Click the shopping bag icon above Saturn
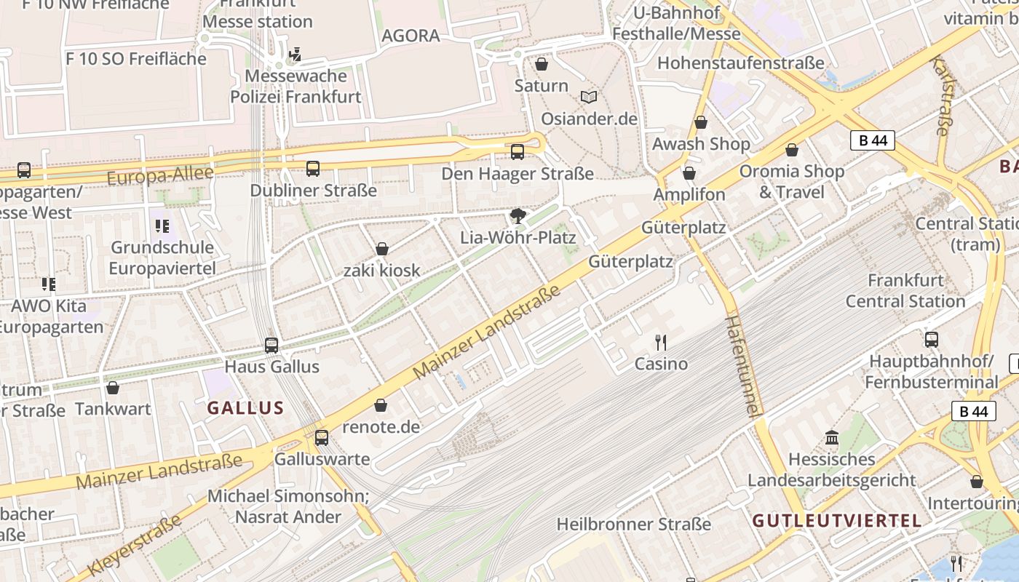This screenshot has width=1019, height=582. tap(542, 65)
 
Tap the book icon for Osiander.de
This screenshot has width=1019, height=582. tap(589, 97)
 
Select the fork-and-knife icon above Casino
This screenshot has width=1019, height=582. tap(661, 342)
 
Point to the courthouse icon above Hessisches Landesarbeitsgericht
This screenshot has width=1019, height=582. tap(832, 438)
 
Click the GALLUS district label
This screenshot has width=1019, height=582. tap(245, 407)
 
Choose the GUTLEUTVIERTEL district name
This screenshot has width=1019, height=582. tap(837, 521)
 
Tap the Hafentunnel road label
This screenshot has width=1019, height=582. tap(743, 367)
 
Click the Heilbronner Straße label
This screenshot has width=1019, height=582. tap(633, 524)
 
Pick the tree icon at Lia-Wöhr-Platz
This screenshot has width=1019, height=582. tap(518, 215)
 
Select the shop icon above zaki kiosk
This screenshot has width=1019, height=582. tap(382, 249)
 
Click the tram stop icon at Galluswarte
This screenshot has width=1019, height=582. tap(322, 438)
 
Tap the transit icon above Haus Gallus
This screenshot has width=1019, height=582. tap(271, 345)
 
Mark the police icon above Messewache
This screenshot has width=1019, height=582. tap(295, 54)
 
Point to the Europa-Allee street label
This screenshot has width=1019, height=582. tap(160, 175)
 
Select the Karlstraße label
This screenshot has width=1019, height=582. tap(940, 97)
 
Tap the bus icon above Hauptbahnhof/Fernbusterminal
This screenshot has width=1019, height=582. tap(932, 339)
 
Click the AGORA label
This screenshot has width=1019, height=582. tap(411, 36)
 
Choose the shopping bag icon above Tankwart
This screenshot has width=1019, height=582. tap(113, 388)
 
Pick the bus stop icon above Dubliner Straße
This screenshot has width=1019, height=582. tap(313, 169)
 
